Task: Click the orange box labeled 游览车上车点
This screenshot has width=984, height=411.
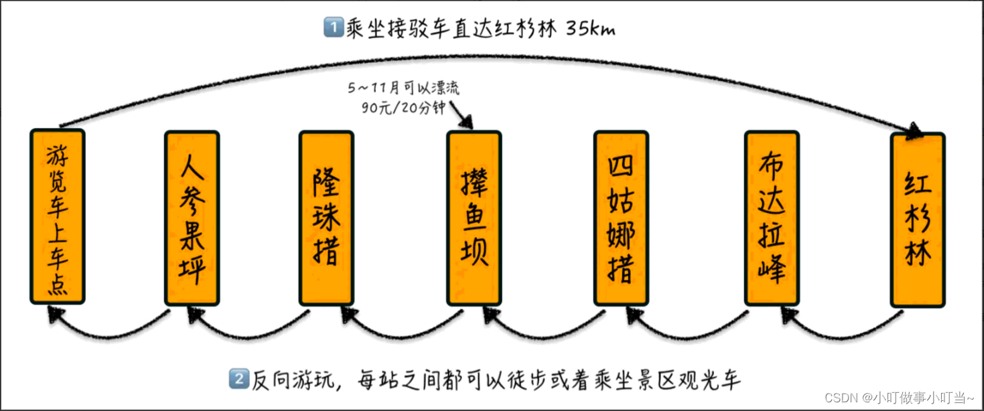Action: click(x=58, y=216)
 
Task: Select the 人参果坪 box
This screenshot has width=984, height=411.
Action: click(x=192, y=218)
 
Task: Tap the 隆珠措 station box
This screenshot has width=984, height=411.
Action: click(x=326, y=218)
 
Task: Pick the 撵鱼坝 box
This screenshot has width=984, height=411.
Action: click(x=474, y=218)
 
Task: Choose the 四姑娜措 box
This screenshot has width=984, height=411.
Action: click(x=621, y=218)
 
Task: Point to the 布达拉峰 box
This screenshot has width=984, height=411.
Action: click(x=772, y=218)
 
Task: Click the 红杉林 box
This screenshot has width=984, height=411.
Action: click(x=917, y=220)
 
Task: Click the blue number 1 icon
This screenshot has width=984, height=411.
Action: click(x=332, y=29)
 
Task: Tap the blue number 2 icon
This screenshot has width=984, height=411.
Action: click(x=238, y=380)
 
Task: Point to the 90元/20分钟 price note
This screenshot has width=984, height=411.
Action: click(x=403, y=108)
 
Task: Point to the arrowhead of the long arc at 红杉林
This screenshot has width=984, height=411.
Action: click(x=914, y=133)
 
